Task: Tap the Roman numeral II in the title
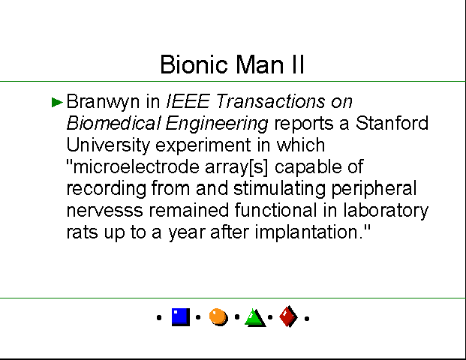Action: click(x=298, y=64)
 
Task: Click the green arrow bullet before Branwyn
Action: click(x=57, y=102)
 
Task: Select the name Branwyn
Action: click(x=103, y=102)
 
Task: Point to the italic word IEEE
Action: click(x=188, y=101)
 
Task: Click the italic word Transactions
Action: click(x=270, y=101)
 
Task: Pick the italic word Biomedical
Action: click(x=113, y=123)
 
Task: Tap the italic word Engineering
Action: click(x=217, y=124)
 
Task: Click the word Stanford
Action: click(x=392, y=123)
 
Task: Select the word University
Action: click(x=108, y=145)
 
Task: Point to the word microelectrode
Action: click(x=133, y=166)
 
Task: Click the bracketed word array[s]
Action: click(x=236, y=167)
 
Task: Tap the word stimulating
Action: click(x=279, y=189)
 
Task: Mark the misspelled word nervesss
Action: click(x=104, y=211)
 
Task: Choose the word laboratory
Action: click(x=386, y=211)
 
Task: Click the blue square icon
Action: click(x=181, y=317)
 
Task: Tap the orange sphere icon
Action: click(x=218, y=317)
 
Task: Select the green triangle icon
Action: click(x=255, y=318)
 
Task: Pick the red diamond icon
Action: click(x=289, y=316)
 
